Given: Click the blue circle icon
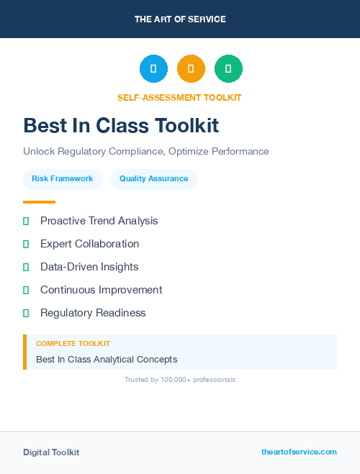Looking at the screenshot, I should click(x=153, y=69).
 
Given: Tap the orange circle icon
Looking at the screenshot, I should click(x=191, y=69).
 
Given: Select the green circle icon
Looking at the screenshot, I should click(x=228, y=69).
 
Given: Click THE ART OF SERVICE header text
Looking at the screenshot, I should click(x=180, y=19).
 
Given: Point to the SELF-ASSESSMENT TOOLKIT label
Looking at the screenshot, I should click(x=179, y=97).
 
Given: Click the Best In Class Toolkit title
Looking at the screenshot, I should click(x=121, y=126).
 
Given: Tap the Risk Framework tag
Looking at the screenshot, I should click(x=63, y=179).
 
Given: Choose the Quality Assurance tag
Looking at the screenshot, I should click(x=154, y=179).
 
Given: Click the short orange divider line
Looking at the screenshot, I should click(x=39, y=202).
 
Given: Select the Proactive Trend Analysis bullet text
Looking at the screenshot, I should click(x=99, y=221).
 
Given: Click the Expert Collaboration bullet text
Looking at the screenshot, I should click(x=90, y=244).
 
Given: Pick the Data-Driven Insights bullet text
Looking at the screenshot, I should click(x=89, y=267).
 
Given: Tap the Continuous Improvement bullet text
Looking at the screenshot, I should click(x=102, y=290).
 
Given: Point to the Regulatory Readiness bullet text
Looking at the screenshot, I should click(x=93, y=313).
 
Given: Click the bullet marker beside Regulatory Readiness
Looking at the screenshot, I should click(x=26, y=313).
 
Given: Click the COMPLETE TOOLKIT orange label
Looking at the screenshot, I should click(x=73, y=344).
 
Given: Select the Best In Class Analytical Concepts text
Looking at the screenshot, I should click(x=107, y=359).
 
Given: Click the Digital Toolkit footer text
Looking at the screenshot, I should click(x=51, y=452).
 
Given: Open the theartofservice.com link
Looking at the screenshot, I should click(x=299, y=452).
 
